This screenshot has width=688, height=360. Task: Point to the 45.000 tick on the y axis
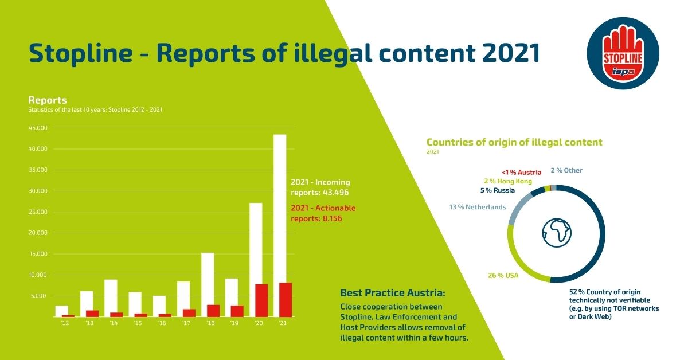(37, 128)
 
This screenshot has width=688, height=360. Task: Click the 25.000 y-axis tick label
(37, 212)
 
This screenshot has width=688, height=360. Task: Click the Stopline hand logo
(623, 53)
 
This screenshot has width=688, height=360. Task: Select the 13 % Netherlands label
(478, 207)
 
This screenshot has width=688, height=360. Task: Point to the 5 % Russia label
(497, 190)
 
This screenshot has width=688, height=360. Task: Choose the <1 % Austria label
(521, 172)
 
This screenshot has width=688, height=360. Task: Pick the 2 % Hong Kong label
(509, 181)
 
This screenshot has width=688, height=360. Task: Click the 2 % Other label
(566, 170)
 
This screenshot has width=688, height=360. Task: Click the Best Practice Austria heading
(392, 293)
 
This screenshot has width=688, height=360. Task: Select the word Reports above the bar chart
(48, 100)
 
